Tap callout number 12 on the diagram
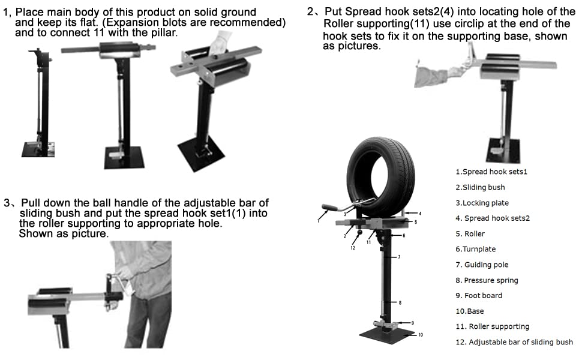(x=353, y=248)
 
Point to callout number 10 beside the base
(x=421, y=335)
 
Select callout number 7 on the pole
(x=399, y=257)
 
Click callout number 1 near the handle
(x=318, y=221)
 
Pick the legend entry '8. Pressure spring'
(x=487, y=280)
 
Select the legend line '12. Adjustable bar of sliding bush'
(x=514, y=342)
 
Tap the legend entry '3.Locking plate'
(x=482, y=203)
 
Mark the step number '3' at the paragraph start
(x=7, y=203)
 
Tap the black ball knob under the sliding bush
(x=359, y=233)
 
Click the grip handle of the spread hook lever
(x=329, y=207)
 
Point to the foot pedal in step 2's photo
(x=497, y=150)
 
